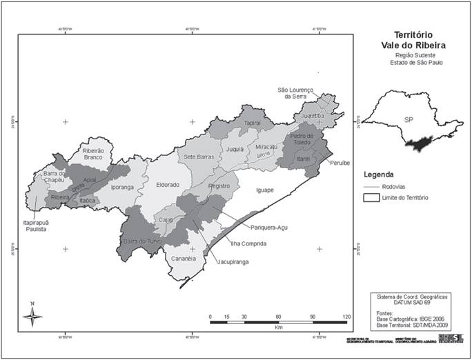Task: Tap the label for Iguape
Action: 265,190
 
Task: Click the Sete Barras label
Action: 198,157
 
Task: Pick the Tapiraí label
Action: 255,123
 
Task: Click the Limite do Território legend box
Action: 373,198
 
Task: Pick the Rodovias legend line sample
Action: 373,186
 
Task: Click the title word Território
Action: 413,34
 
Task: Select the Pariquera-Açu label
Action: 269,226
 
